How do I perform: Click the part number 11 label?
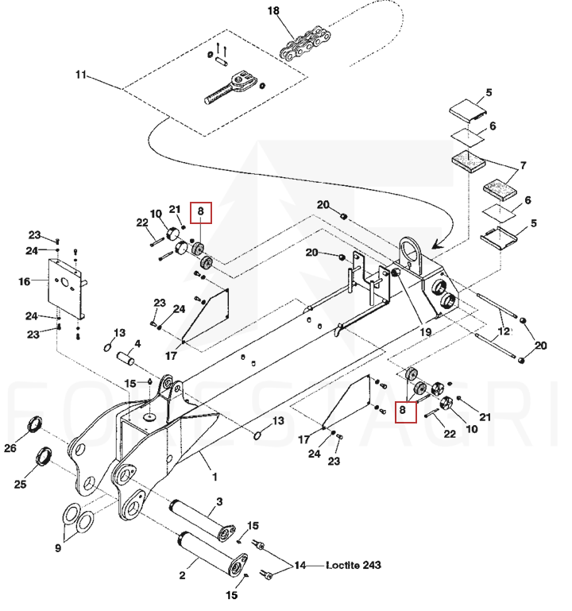[80, 75]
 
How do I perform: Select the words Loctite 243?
[354, 566]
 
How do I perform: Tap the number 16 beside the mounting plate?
[25, 281]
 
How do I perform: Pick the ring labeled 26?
[36, 425]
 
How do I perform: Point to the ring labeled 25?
[45, 458]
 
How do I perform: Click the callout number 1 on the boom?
[213, 477]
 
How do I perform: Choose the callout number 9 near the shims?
[58, 547]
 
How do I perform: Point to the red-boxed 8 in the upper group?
[201, 212]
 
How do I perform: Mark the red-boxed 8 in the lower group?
[404, 411]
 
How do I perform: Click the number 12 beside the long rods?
[502, 331]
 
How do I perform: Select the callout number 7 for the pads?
[524, 168]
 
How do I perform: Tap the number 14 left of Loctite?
[300, 566]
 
